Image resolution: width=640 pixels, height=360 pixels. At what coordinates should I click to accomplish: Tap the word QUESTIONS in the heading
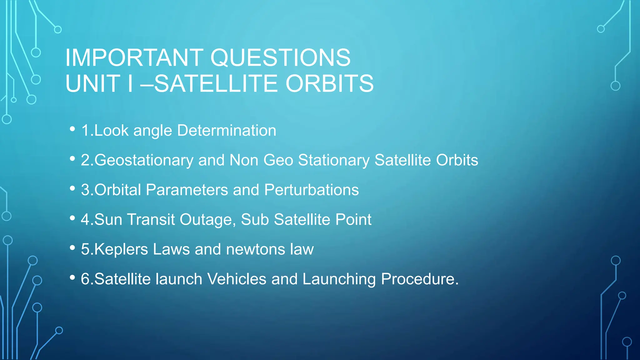[x=280, y=58]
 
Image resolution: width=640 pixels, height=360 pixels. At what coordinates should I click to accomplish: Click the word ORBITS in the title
[x=330, y=84]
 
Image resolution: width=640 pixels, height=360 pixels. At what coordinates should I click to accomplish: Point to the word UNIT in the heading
[x=93, y=84]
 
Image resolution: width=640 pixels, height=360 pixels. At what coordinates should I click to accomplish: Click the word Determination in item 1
[x=227, y=130]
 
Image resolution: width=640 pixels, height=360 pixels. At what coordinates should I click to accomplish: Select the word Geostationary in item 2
[x=144, y=160]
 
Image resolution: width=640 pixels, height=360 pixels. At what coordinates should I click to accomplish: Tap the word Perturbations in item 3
[x=312, y=190]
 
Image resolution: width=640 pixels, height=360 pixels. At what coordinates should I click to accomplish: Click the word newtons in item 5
[x=255, y=249]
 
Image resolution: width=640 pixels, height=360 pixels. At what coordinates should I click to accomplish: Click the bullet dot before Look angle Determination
[x=72, y=129]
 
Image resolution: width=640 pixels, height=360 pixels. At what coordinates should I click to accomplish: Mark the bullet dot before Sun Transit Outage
[x=72, y=218]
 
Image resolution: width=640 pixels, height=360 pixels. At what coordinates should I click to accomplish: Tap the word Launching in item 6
[x=339, y=279]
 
